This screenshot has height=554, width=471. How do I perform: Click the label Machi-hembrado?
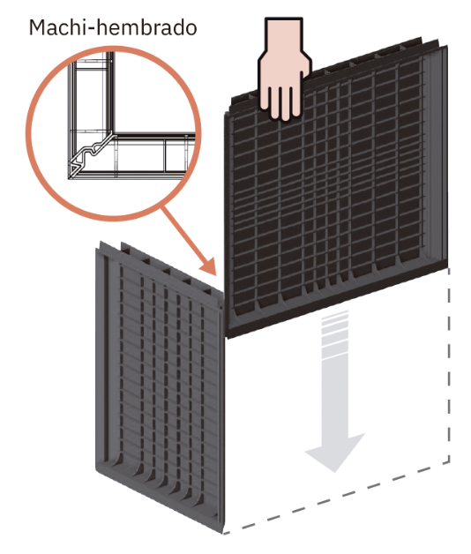[113, 27]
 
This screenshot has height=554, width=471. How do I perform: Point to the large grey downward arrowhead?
[334, 452]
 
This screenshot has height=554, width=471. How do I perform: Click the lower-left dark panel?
[159, 386]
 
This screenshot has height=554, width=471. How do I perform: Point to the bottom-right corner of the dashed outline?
[449, 461]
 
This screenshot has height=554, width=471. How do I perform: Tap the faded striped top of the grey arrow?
[334, 332]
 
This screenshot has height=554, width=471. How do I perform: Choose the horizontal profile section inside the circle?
[152, 155]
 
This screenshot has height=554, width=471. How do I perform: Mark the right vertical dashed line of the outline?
[449, 364]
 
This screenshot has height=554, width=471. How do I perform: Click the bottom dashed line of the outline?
[336, 499]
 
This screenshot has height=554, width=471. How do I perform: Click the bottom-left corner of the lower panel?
[96, 469]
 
